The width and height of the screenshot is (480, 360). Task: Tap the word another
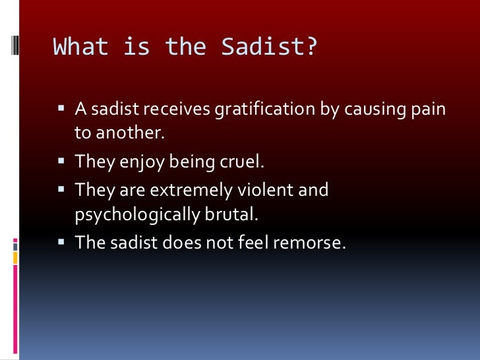coord(126,133)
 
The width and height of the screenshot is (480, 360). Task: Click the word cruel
coord(237,162)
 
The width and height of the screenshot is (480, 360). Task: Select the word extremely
coord(189,190)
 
